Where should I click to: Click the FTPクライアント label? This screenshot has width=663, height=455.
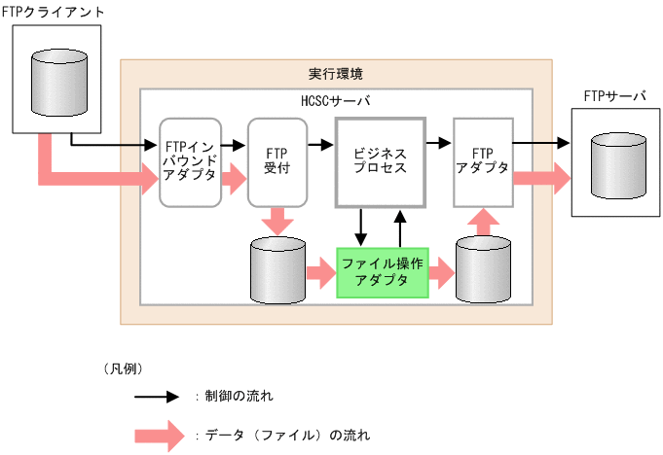[x=40, y=11]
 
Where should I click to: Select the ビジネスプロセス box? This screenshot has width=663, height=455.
[x=380, y=161]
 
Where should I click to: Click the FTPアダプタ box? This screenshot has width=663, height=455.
[x=483, y=161]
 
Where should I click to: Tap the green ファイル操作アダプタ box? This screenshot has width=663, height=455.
[x=383, y=272]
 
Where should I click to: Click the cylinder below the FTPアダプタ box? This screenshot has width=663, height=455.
[x=484, y=270]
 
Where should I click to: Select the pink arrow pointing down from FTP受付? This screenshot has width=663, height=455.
[x=276, y=221]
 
